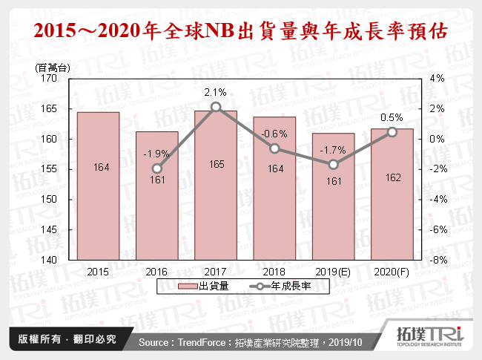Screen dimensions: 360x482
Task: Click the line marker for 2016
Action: click(x=156, y=168)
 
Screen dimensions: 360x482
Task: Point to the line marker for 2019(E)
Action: click(x=333, y=165)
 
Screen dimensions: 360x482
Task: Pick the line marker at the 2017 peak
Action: click(x=215, y=107)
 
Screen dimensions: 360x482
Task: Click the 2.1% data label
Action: click(x=215, y=93)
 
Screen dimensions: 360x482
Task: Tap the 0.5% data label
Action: click(x=392, y=117)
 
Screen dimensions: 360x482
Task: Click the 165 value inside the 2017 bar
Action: click(x=215, y=168)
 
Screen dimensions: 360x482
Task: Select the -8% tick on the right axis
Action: click(x=437, y=261)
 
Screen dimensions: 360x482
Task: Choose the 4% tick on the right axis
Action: click(x=437, y=78)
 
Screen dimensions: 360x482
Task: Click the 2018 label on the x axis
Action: click(x=274, y=271)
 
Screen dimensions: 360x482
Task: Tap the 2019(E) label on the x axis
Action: click(x=333, y=271)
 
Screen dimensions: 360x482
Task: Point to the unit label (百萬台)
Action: click(x=53, y=68)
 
